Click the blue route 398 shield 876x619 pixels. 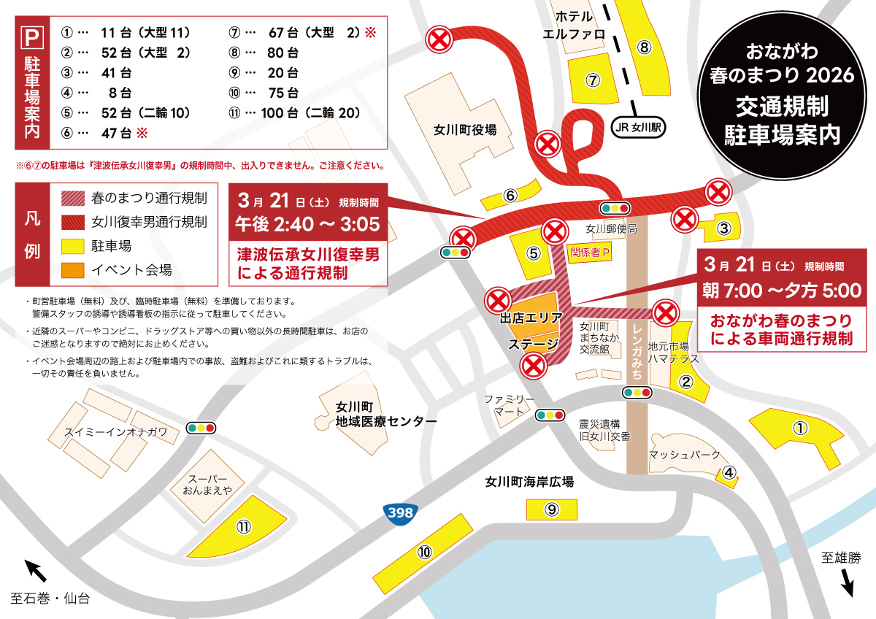(400, 512)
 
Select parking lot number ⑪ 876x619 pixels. (244, 526)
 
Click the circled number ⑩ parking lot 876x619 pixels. (425, 553)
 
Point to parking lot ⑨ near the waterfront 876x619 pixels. (551, 509)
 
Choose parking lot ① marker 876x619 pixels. (801, 428)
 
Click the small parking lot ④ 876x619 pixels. (729, 473)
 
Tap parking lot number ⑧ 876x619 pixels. (644, 47)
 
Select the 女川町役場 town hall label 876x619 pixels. (464, 130)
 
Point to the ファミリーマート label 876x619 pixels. (510, 406)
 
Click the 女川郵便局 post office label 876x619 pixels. (612, 229)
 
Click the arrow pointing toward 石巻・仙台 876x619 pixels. (35, 569)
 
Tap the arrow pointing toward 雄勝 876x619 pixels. (847, 583)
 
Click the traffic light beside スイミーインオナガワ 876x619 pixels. (201, 428)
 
